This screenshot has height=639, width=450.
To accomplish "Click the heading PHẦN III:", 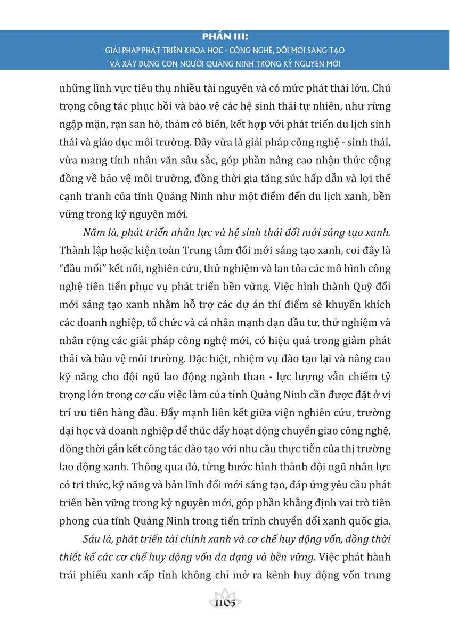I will coord(225,38).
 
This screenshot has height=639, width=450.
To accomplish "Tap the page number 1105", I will coord(225,603).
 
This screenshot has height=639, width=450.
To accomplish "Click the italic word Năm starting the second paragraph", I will coord(94,234).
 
